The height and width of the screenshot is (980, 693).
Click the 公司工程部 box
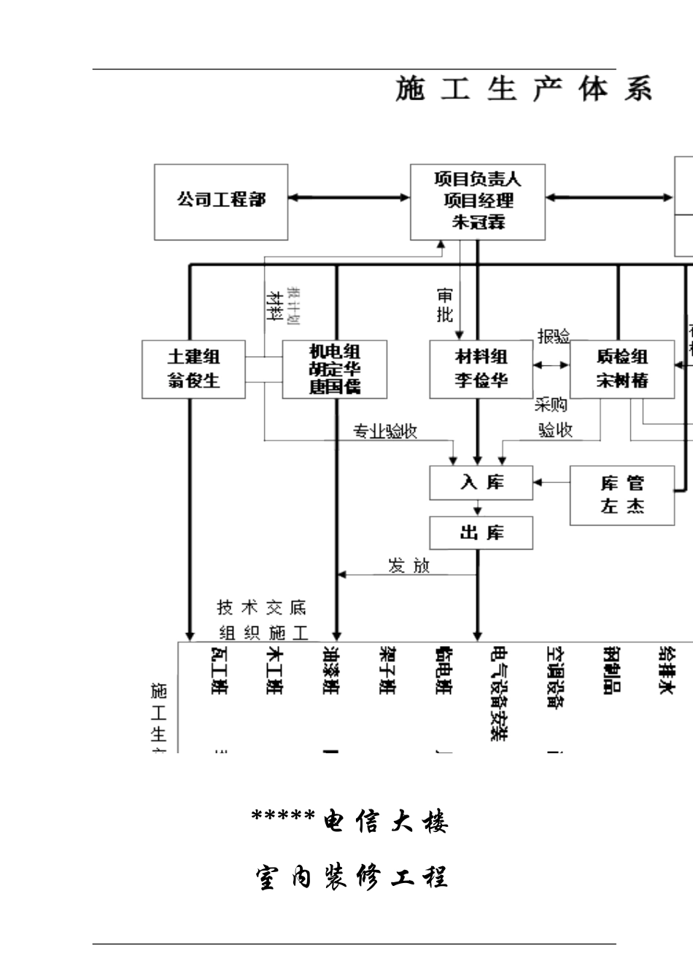[221, 202]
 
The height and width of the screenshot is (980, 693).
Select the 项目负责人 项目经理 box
[478, 202]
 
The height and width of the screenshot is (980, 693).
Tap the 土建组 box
[193, 369]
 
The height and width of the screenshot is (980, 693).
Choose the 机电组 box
[334, 369]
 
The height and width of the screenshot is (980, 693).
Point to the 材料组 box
[481, 369]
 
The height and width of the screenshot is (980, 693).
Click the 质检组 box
[622, 369]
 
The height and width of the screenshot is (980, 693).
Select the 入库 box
[481, 483]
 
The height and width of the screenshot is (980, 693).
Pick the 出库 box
[481, 533]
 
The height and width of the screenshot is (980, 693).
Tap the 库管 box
[622, 495]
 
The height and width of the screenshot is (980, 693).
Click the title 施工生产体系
[523, 89]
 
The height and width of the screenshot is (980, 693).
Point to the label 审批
[445, 306]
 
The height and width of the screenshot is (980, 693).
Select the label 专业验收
[385, 431]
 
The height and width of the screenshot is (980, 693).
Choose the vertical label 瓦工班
[219, 670]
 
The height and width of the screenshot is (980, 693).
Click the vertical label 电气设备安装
[500, 693]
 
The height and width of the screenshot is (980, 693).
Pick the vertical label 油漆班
[331, 670]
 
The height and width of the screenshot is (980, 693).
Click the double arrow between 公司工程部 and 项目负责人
[349, 197]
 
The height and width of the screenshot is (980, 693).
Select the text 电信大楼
[385, 822]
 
